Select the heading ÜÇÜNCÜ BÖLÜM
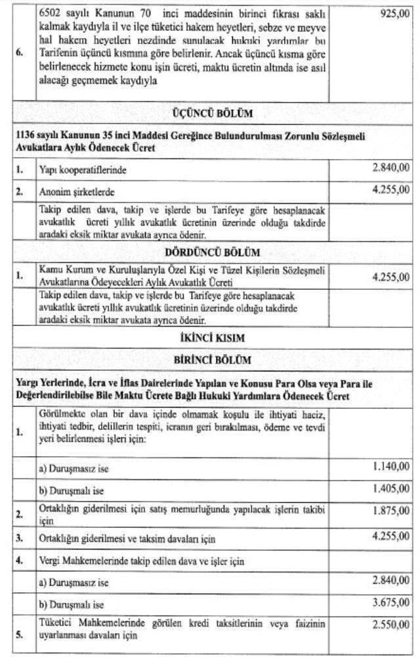[211, 113]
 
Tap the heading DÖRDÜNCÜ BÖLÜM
[211, 252]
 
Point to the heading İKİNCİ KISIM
[211, 337]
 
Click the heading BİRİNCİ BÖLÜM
[211, 360]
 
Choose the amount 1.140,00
[391, 467]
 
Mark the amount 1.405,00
[391, 488]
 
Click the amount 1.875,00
[391, 510]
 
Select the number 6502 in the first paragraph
[51, 14]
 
